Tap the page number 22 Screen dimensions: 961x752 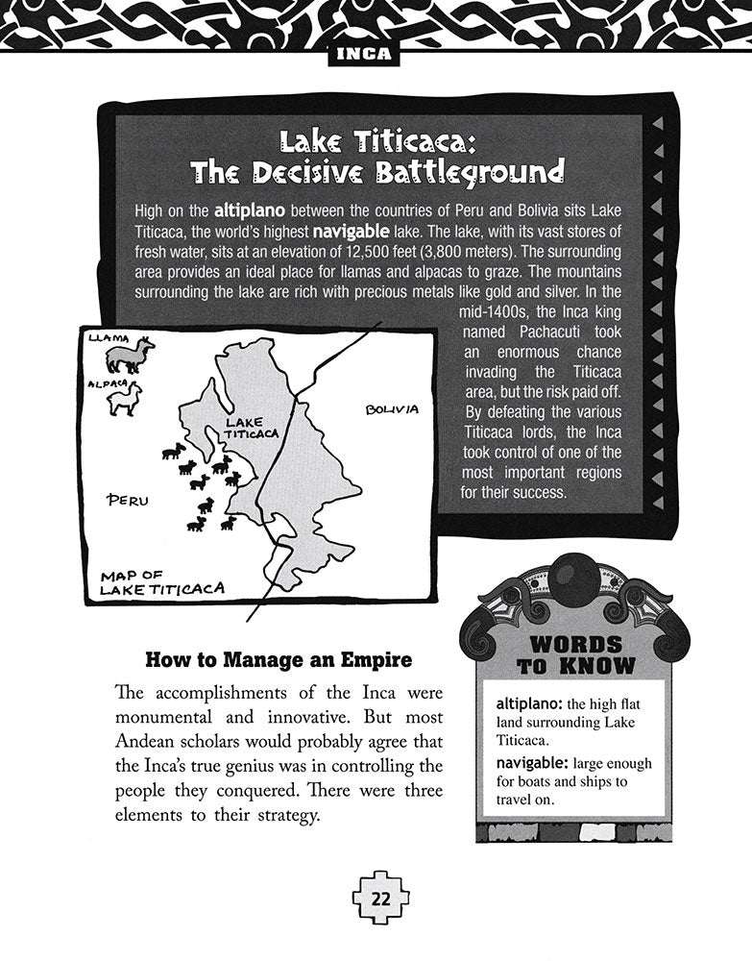click(379, 900)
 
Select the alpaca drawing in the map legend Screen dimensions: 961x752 click(125, 399)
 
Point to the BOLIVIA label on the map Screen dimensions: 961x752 click(392, 409)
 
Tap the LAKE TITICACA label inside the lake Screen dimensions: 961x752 click(251, 427)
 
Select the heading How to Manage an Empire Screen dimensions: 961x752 click(278, 660)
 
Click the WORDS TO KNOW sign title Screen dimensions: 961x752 click(575, 654)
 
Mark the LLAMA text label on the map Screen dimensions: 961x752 click(107, 338)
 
